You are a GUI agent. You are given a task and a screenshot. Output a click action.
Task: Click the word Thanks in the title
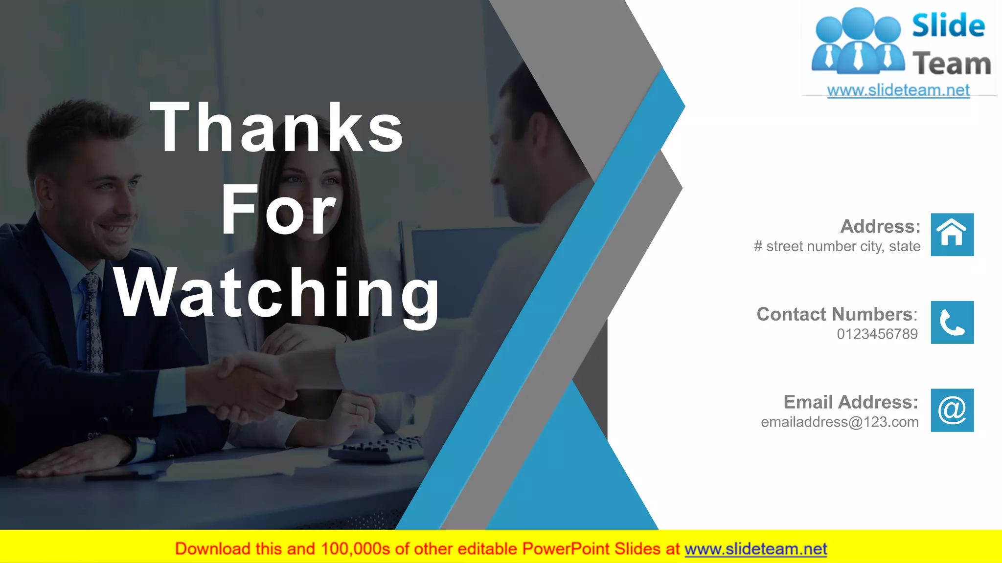[x=277, y=128]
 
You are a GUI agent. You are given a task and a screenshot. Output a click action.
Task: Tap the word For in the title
[x=278, y=211]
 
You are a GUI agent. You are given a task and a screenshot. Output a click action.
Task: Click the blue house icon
[x=952, y=235]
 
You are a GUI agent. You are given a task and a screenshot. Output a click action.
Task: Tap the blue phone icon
[x=952, y=323]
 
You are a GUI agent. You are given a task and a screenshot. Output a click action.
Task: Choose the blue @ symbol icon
[x=952, y=410]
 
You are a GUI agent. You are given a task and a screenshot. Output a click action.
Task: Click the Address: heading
[x=880, y=226]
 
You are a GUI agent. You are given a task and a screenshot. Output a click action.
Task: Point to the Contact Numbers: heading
[x=837, y=314]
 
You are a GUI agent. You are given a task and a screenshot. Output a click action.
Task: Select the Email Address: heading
[x=850, y=402]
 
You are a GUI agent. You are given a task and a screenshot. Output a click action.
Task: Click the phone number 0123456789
[x=877, y=334]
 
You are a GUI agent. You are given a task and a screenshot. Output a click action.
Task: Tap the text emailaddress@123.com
[x=840, y=422]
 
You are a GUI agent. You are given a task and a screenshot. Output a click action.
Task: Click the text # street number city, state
[x=837, y=246]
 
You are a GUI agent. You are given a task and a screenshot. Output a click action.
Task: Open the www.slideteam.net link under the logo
[x=898, y=90]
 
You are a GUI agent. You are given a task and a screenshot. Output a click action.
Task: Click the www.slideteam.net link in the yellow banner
[x=755, y=549]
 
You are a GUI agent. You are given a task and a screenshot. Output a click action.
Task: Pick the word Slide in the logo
[x=948, y=25]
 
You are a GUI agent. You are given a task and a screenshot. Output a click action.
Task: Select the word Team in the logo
[x=951, y=64]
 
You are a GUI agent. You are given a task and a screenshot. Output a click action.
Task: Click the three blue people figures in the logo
[x=858, y=42]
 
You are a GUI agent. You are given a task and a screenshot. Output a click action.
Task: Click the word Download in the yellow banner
[x=213, y=549]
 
